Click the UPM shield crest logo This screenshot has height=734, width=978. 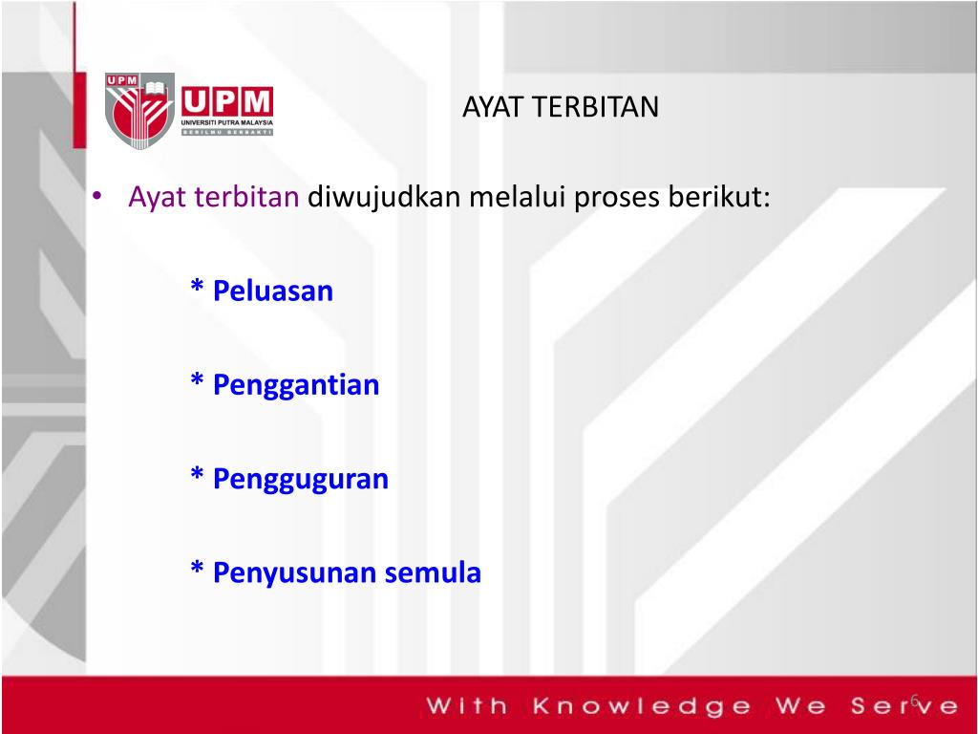click(139, 111)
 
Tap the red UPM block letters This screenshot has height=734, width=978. click(227, 101)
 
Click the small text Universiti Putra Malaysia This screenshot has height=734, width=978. click(227, 122)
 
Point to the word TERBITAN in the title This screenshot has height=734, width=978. click(595, 107)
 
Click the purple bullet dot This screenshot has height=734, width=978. click(96, 196)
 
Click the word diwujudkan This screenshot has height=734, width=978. click(384, 198)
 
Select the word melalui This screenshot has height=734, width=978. click(517, 197)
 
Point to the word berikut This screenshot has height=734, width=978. click(719, 197)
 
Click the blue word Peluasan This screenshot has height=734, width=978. click(273, 291)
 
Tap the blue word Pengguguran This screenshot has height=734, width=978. click(301, 480)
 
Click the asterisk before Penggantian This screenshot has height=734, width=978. click(197, 379)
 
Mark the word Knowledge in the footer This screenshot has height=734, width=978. click(643, 706)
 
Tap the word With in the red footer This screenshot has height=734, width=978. click(467, 705)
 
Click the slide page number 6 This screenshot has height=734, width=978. click(915, 701)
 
